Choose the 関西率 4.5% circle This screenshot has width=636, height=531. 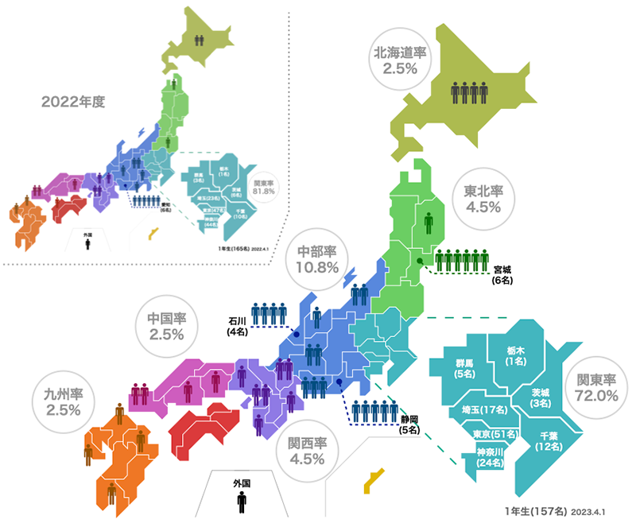307,451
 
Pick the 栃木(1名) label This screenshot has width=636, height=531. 515,355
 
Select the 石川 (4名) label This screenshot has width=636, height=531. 238,326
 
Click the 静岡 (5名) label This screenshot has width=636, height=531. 410,424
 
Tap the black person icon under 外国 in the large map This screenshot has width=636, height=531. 242,503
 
